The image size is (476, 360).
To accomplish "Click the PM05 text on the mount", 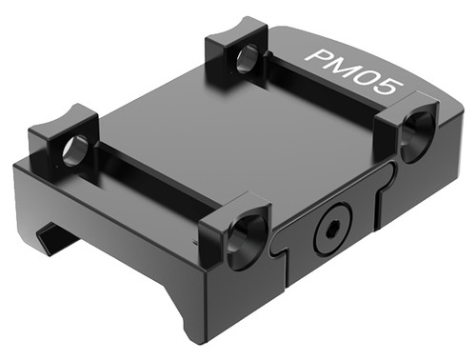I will [352, 71].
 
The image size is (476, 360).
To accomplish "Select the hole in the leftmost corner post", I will [73, 150].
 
